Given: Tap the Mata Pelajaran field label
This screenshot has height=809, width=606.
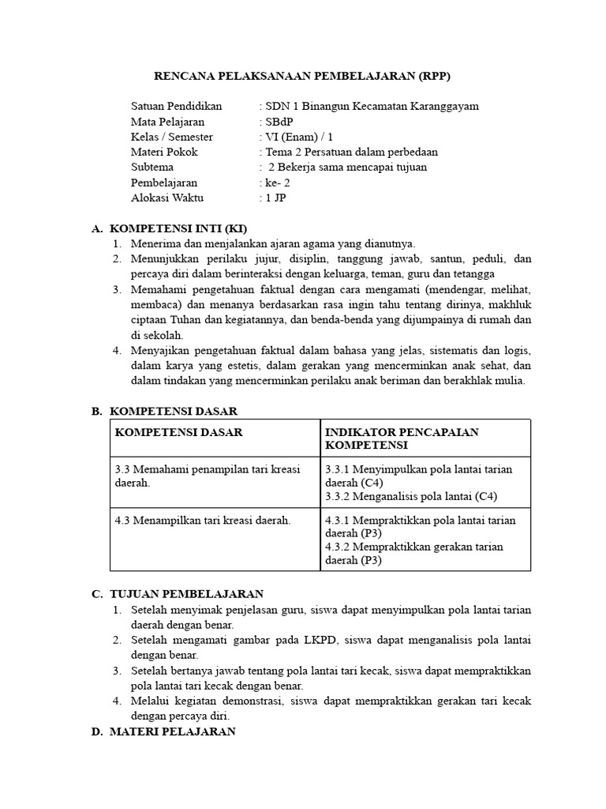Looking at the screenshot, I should click(x=167, y=122).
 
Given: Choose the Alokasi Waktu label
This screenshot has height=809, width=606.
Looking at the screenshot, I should click(x=167, y=198).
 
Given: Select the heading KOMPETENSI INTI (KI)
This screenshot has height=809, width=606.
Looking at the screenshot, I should click(x=173, y=228).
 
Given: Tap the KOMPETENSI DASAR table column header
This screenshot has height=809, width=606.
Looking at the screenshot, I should click(x=179, y=432).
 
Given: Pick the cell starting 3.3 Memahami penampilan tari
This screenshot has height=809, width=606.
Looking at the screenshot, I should click(x=208, y=476).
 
